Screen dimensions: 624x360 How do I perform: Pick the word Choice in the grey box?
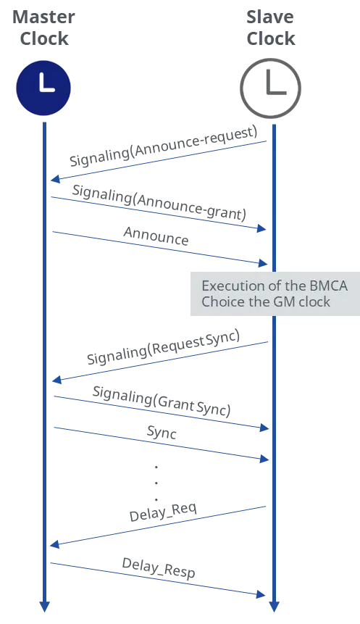[221, 301]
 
